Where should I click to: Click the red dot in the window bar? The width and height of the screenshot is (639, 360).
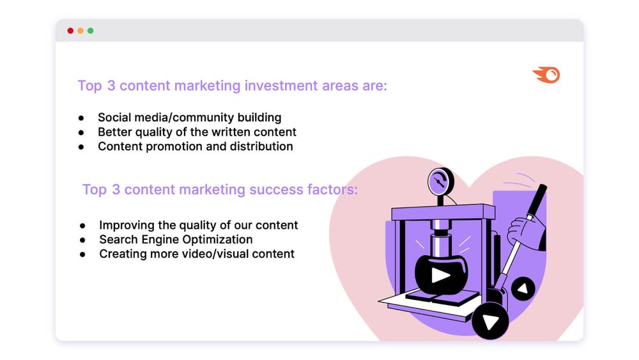point(70,31)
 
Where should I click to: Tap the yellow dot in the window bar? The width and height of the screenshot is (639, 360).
point(81,31)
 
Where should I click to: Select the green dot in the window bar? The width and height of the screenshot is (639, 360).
point(91,31)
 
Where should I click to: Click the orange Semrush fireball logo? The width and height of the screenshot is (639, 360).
point(546,75)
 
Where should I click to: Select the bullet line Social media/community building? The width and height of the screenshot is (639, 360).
point(190,118)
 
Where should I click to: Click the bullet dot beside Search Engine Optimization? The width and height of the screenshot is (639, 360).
point(82,240)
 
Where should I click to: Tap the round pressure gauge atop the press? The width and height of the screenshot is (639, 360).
point(440,181)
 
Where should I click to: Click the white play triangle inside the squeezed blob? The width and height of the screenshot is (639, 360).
point(440,275)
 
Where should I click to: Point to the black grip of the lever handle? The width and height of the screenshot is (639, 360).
point(537,200)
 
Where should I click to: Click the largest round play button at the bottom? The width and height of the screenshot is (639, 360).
point(490,321)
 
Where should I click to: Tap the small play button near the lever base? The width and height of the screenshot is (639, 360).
point(523,288)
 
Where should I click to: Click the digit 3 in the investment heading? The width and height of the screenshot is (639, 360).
point(111,86)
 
